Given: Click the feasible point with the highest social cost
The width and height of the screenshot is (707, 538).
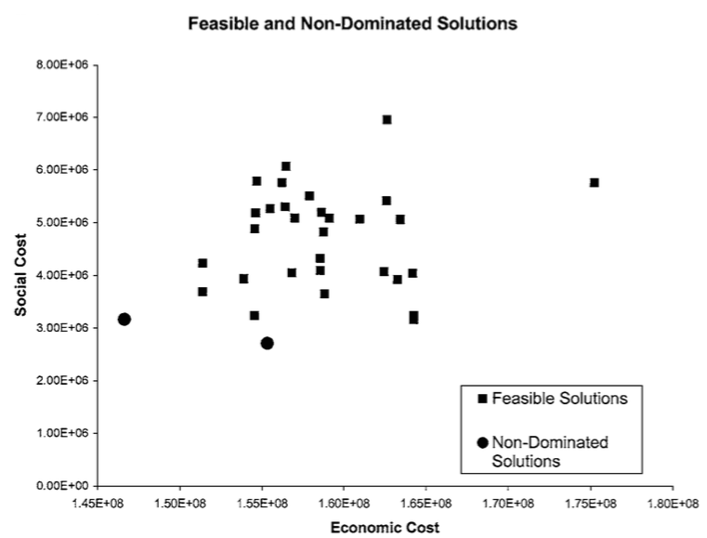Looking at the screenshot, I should [x=386, y=120].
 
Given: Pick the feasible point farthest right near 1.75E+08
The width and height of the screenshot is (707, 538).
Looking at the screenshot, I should [x=594, y=183].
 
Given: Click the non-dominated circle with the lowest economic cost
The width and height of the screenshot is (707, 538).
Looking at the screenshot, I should [x=124, y=319].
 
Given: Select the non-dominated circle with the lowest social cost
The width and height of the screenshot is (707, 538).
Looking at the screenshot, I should [x=268, y=343].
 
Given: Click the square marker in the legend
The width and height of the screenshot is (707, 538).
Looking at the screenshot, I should [x=481, y=399].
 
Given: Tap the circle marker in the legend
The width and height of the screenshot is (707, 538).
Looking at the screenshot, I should [x=481, y=443].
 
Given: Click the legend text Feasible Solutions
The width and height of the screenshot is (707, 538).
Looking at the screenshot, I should [x=559, y=399].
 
